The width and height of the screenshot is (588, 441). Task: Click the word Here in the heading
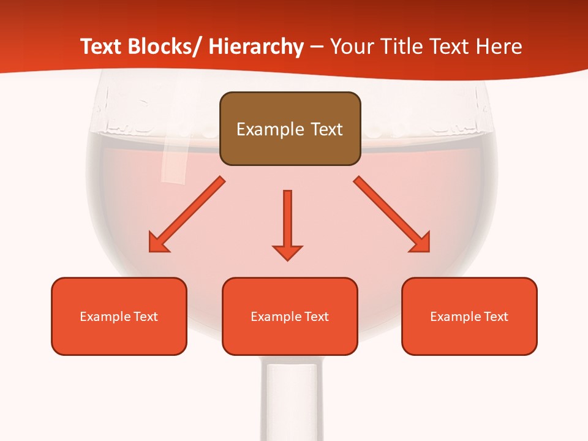[x=499, y=47]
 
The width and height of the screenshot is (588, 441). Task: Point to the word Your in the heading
[x=350, y=47]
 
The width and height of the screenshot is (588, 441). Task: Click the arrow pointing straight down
[x=287, y=224]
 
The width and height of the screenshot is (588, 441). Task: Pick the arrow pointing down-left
[x=186, y=215]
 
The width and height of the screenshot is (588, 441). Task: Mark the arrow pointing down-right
[x=392, y=214]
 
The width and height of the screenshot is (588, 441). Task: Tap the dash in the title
[x=317, y=47]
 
